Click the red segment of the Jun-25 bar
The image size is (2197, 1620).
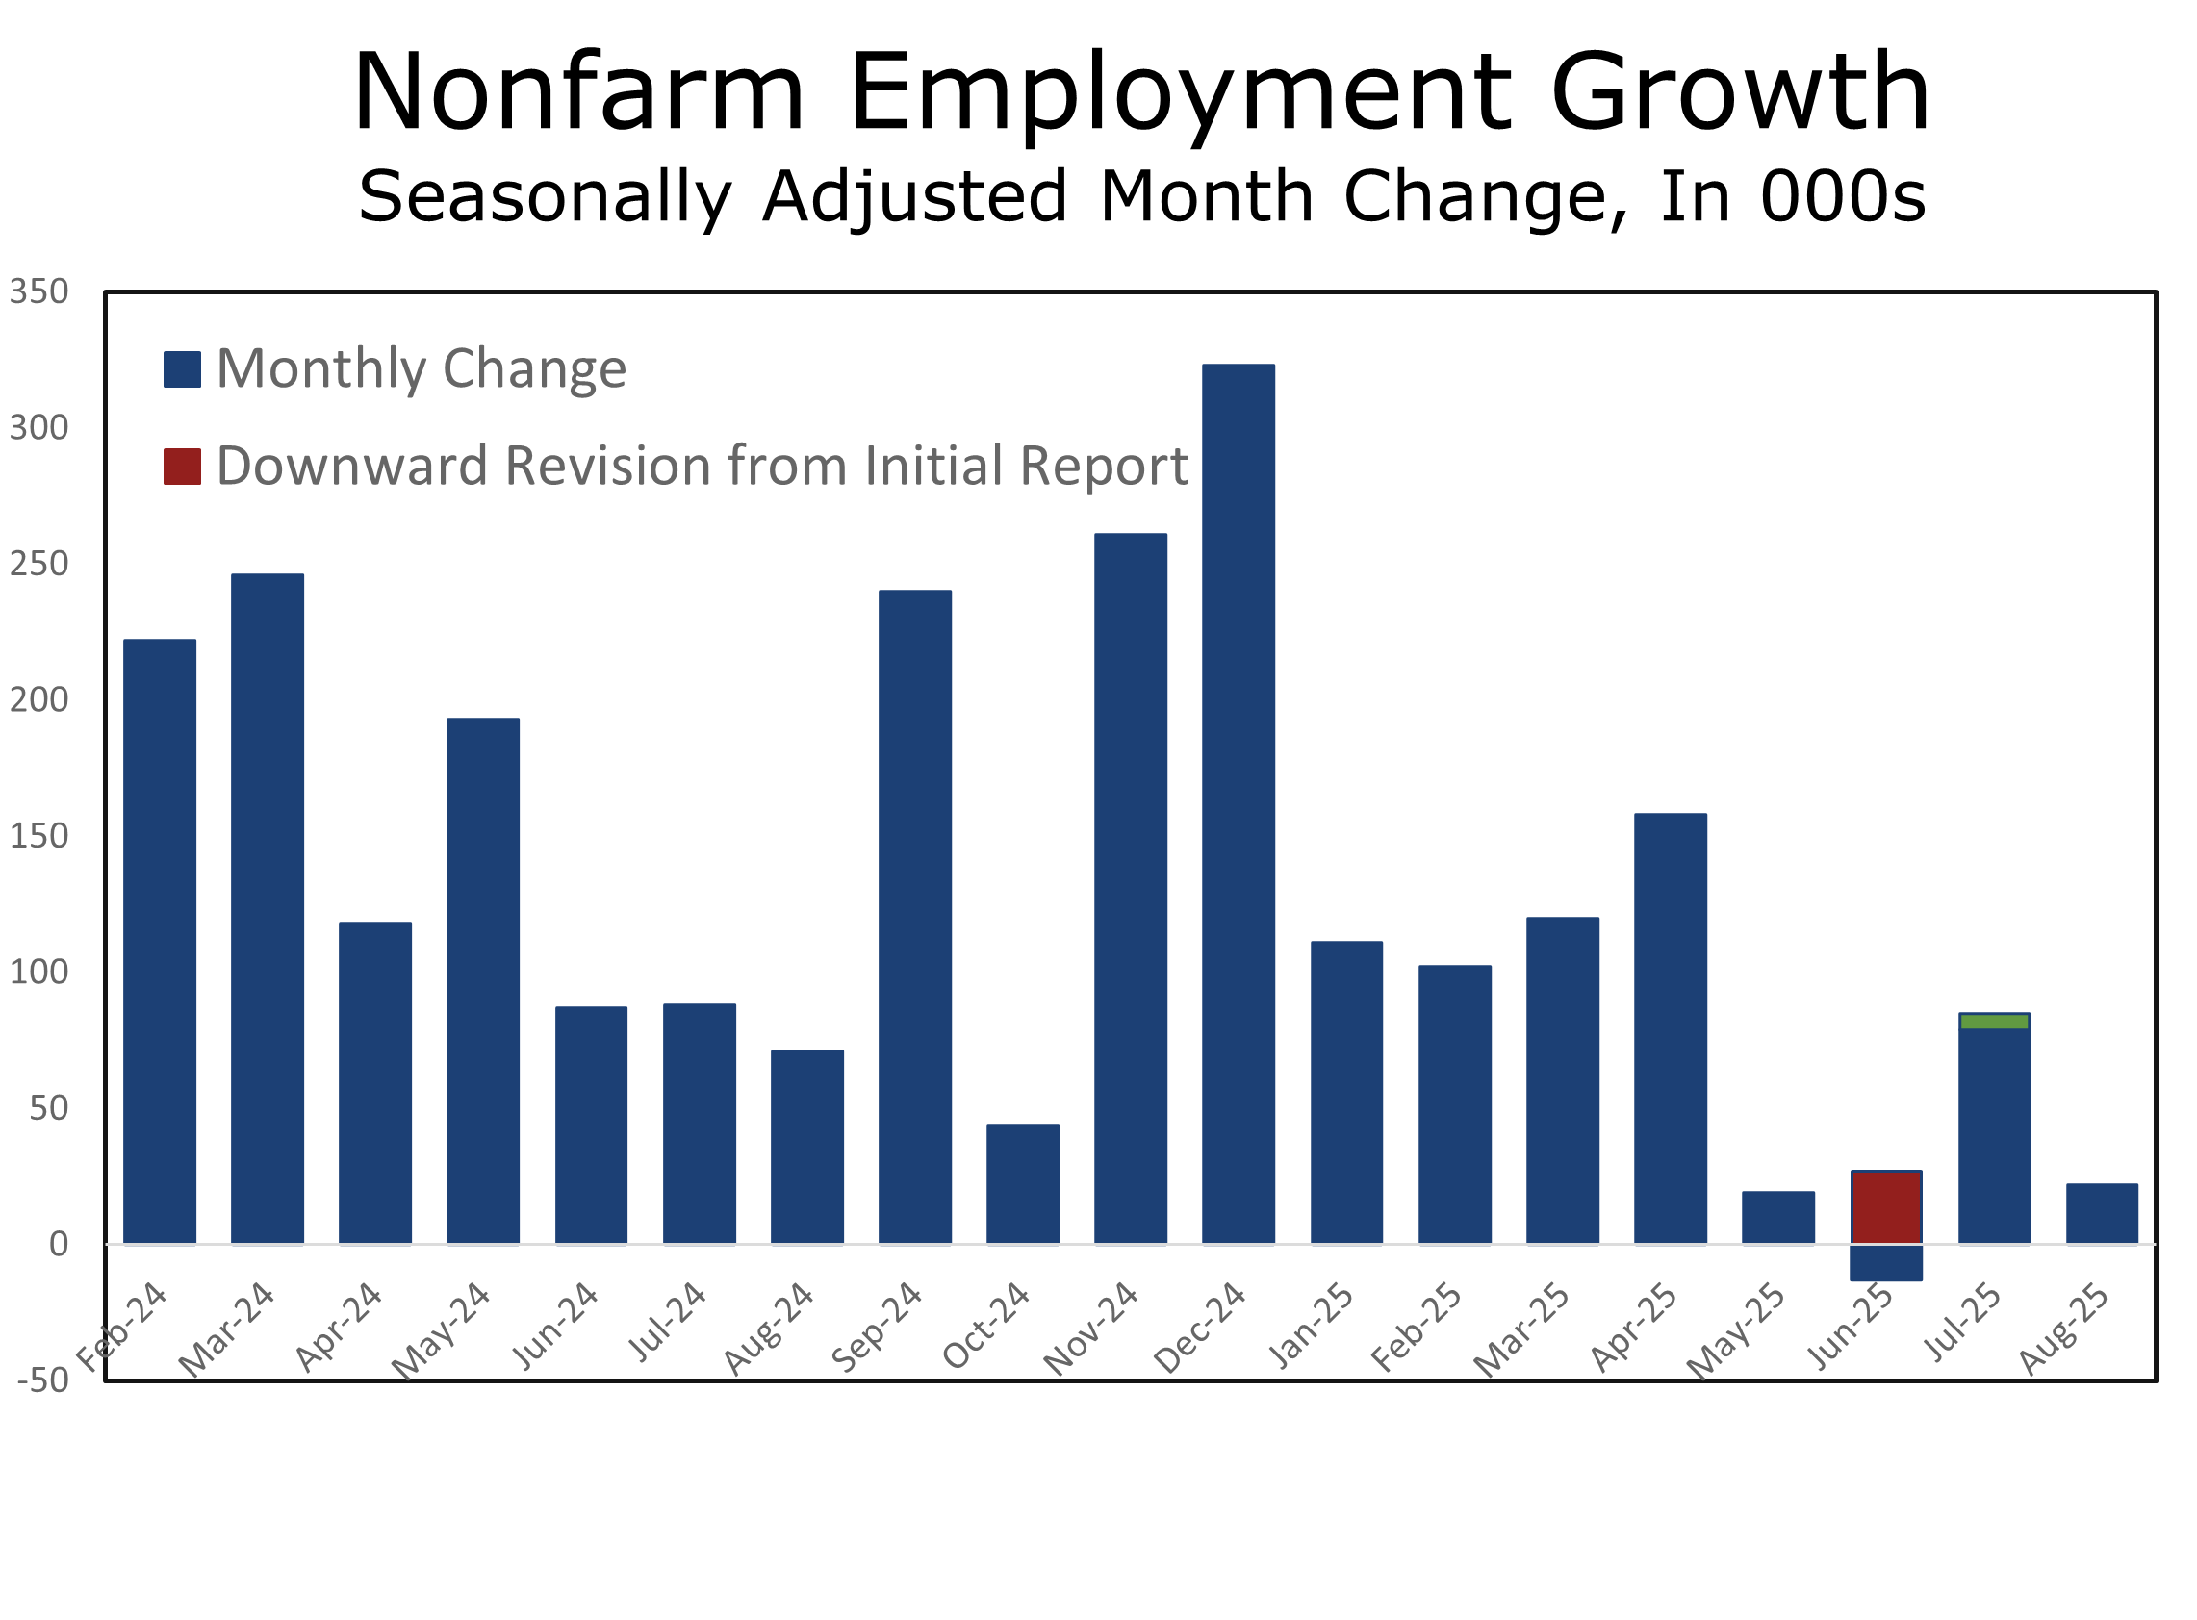point(1886,1207)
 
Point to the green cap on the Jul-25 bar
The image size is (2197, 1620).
point(1994,1022)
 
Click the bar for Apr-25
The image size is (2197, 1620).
point(1671,1028)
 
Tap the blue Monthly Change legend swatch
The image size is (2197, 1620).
point(183,369)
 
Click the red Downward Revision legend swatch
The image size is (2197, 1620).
point(183,467)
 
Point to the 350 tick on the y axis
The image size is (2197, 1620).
point(39,292)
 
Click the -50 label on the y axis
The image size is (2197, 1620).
point(43,1380)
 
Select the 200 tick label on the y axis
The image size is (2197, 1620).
point(39,700)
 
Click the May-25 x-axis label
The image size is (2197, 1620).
point(1736,1330)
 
